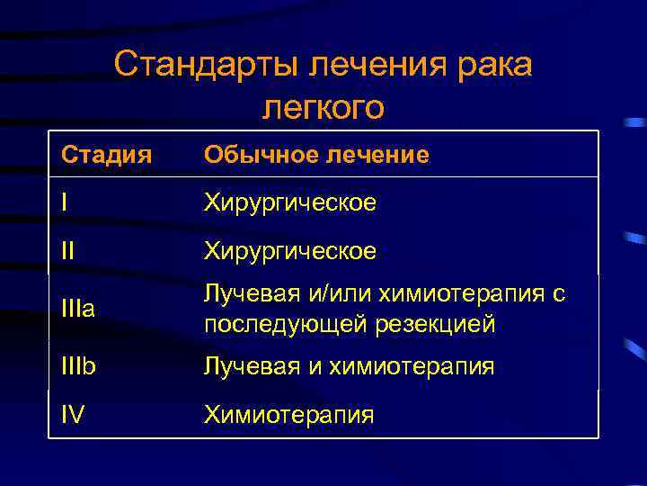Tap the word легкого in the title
[x=323, y=106]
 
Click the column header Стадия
[x=102, y=156]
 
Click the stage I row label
[x=65, y=203]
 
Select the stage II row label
[x=68, y=250]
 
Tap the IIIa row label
[x=77, y=310]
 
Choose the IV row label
[x=74, y=414]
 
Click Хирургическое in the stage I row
[x=289, y=203]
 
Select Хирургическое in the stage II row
[x=289, y=250]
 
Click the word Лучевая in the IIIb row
[x=248, y=366]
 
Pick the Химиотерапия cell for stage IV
[x=288, y=414]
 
